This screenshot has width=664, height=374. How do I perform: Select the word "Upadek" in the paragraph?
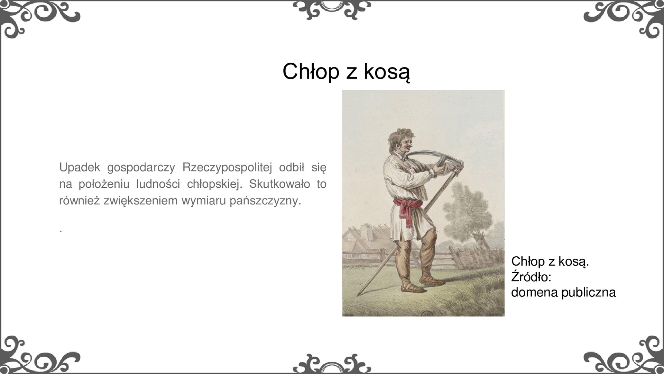pos(80,167)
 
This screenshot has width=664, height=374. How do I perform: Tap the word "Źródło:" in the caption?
pos(531,277)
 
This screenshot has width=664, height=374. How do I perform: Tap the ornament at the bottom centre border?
pos(332,364)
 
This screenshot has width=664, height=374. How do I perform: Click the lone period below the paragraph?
pos(61,230)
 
